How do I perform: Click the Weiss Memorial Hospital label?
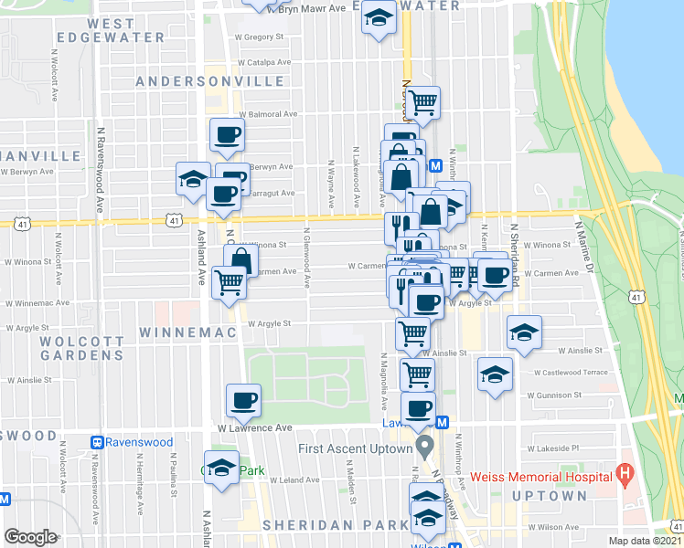tap(540, 477)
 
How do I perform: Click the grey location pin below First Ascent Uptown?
tap(423, 448)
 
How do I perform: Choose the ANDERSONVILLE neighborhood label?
tap(209, 81)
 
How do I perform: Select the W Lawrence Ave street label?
tap(254, 427)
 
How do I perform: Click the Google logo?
tap(30, 537)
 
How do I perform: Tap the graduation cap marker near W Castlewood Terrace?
tap(496, 374)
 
